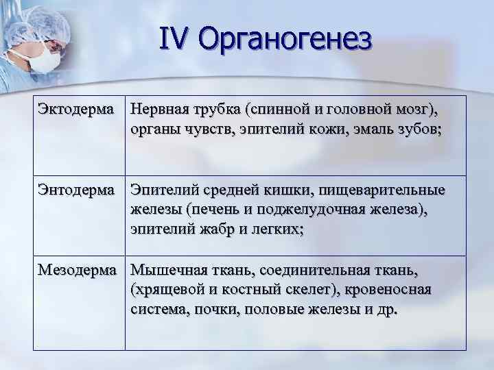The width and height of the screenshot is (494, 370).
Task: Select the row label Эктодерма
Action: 77,109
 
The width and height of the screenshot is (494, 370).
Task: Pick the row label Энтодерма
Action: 77,189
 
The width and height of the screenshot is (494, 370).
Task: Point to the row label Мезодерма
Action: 77,270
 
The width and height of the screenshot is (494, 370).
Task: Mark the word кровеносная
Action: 392,290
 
